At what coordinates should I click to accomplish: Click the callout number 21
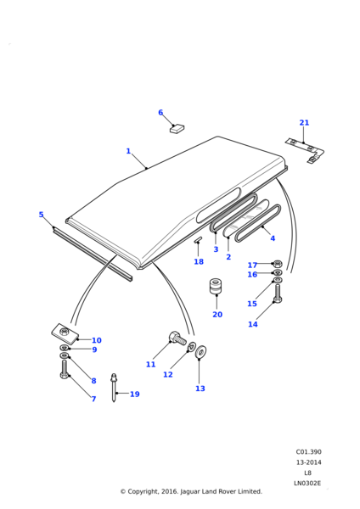[x=304, y=123]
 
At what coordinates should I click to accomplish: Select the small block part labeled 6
[x=177, y=129]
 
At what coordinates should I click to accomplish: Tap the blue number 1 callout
[x=128, y=151]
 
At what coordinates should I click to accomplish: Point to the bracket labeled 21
[x=306, y=151]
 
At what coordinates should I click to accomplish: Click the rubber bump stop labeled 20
[x=216, y=287]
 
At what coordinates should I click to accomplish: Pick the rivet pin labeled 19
[x=114, y=388]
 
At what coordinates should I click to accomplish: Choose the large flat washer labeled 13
[x=200, y=352]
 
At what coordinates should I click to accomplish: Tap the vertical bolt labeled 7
[x=65, y=369]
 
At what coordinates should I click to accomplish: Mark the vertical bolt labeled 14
[x=278, y=294]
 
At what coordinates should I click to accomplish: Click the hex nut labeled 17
[x=278, y=263]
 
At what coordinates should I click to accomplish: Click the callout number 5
[x=41, y=215]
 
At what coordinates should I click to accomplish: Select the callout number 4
[x=273, y=238]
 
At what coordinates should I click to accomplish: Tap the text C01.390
[x=308, y=452]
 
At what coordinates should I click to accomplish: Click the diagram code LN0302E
[x=307, y=484]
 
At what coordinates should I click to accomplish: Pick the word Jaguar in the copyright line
[x=191, y=491]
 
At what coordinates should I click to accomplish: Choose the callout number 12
[x=167, y=375]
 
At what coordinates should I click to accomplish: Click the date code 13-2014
[x=308, y=462]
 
